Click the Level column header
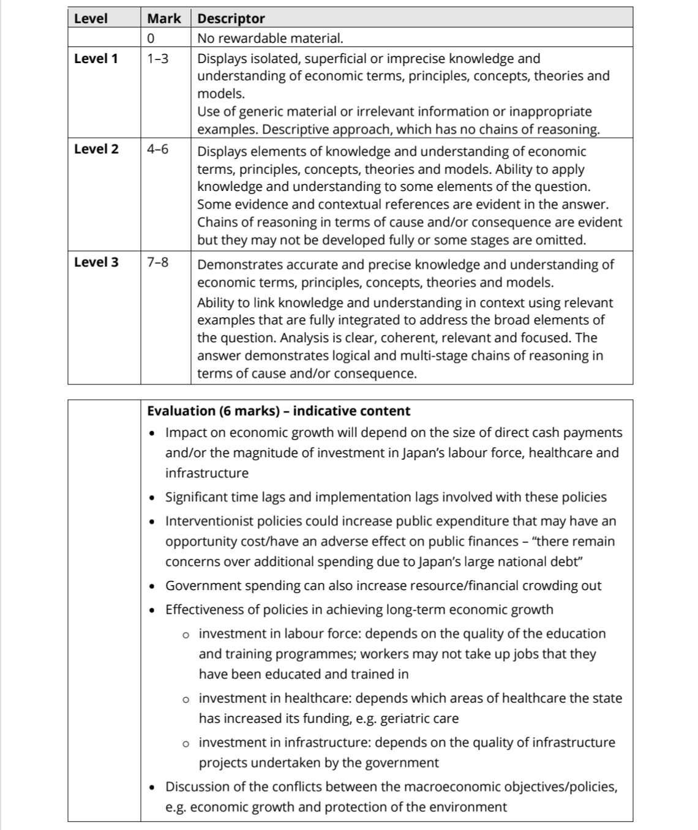tap(91, 18)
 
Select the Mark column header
tap(163, 18)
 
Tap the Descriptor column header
tap(231, 18)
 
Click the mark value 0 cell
tap(151, 38)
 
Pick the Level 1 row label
tap(96, 59)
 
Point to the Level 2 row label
tap(96, 149)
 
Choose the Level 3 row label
tap(96, 262)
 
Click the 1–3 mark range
tap(158, 59)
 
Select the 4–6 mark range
tap(158, 149)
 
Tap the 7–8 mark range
tap(158, 262)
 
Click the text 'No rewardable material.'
tap(270, 38)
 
